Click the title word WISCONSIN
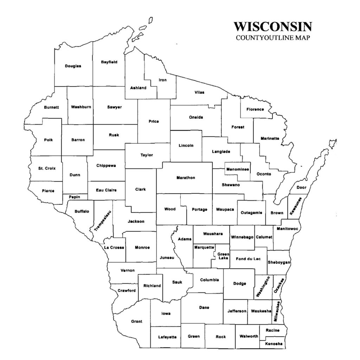point(272,27)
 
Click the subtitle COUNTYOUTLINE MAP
point(273,38)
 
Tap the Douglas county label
point(73,66)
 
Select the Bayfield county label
point(109,62)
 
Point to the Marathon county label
point(186,178)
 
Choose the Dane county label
point(204,308)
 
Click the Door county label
point(301,187)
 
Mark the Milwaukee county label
point(277,311)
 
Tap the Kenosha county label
point(274,343)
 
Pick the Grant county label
point(136,321)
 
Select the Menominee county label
point(238,169)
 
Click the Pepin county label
point(74,197)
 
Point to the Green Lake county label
point(223,256)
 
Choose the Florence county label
point(255,109)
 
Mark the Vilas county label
point(199,92)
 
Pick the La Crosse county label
point(114,247)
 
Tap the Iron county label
point(162,80)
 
